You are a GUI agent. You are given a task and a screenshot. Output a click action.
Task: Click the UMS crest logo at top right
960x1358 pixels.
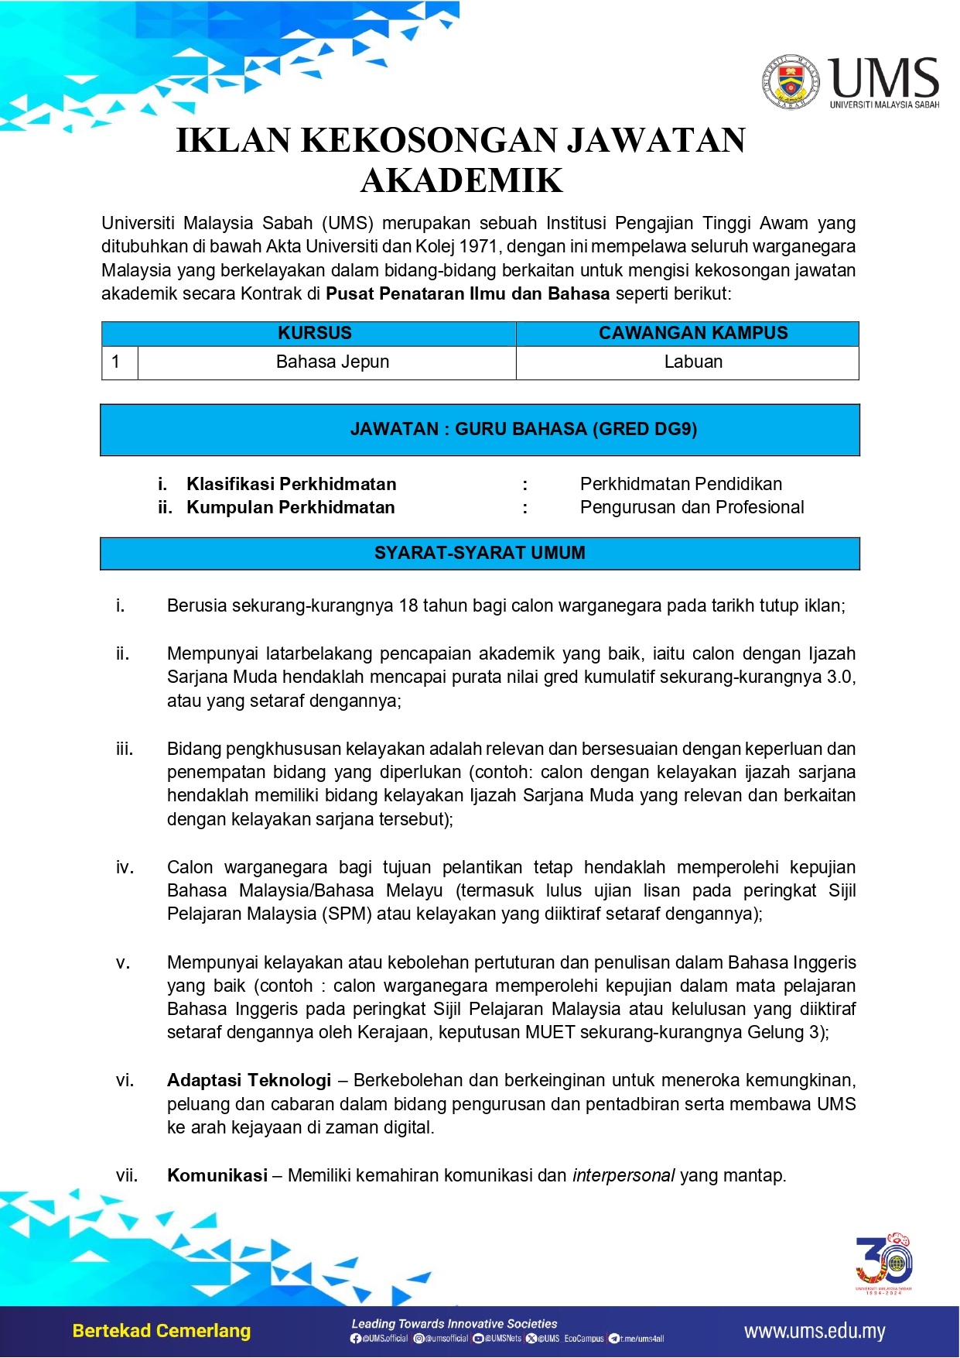pos(791,81)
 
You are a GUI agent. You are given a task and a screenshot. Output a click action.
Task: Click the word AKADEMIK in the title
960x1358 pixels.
pos(462,180)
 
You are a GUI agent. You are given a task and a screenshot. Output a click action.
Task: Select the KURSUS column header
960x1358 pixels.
pos(315,333)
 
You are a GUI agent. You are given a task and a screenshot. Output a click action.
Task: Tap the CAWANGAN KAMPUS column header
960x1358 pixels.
pos(693,333)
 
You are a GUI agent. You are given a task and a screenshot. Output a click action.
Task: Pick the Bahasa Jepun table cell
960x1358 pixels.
pos(333,362)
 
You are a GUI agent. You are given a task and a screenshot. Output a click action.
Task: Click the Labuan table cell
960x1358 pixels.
pos(693,362)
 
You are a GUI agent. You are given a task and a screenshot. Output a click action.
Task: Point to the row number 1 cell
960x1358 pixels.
pos(116,362)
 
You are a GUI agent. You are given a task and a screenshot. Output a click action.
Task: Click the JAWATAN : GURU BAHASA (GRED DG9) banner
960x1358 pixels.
pos(524,429)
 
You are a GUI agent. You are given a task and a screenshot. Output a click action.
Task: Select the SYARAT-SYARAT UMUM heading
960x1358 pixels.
pos(480,553)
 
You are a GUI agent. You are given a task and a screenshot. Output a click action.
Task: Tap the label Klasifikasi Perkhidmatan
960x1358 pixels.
pos(291,484)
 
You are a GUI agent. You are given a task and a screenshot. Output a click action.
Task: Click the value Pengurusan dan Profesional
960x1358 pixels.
pos(692,507)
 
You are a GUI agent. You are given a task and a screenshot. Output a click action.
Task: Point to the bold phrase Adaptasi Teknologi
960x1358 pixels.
pos(249,1080)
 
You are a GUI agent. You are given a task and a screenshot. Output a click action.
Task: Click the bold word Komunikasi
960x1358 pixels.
pos(217,1175)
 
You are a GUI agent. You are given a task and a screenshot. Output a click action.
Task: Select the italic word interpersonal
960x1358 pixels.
pos(623,1175)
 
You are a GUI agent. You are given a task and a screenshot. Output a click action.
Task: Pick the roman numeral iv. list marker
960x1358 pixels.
pos(125,867)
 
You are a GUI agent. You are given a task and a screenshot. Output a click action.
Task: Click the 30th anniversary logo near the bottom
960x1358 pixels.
pos(884,1262)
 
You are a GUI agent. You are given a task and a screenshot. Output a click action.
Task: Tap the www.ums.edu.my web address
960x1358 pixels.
pos(815,1332)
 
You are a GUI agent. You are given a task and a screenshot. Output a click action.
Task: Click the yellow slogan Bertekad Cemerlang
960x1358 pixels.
pos(162,1331)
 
